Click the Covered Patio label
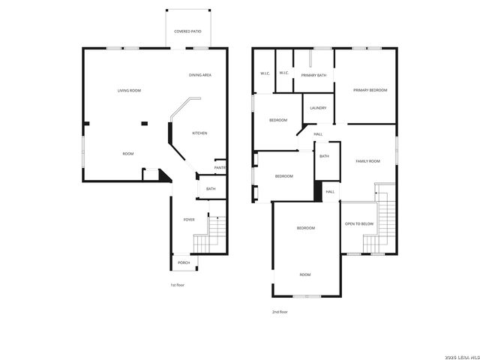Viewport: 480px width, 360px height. click(x=187, y=31)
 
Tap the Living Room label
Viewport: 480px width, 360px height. click(x=129, y=91)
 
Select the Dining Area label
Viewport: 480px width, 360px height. click(x=200, y=75)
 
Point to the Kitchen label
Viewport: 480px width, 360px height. click(x=199, y=133)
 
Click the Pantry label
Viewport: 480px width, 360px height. click(x=220, y=167)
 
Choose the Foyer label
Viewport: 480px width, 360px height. click(x=189, y=220)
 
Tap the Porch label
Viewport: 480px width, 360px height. click(x=184, y=262)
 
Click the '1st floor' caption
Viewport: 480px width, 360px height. click(x=177, y=285)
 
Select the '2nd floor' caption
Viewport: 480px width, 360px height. click(x=280, y=312)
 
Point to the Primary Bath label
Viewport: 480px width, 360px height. click(x=313, y=75)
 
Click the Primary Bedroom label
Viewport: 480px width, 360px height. click(x=370, y=90)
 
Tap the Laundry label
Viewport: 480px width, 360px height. click(x=318, y=108)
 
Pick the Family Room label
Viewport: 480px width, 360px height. click(x=367, y=161)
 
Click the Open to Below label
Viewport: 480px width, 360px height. click(x=358, y=224)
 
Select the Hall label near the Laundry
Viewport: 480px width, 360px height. click(x=318, y=134)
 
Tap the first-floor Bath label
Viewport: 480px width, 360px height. click(x=211, y=189)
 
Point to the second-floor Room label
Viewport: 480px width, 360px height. click(x=305, y=274)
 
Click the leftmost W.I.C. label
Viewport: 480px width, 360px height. click(x=265, y=73)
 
